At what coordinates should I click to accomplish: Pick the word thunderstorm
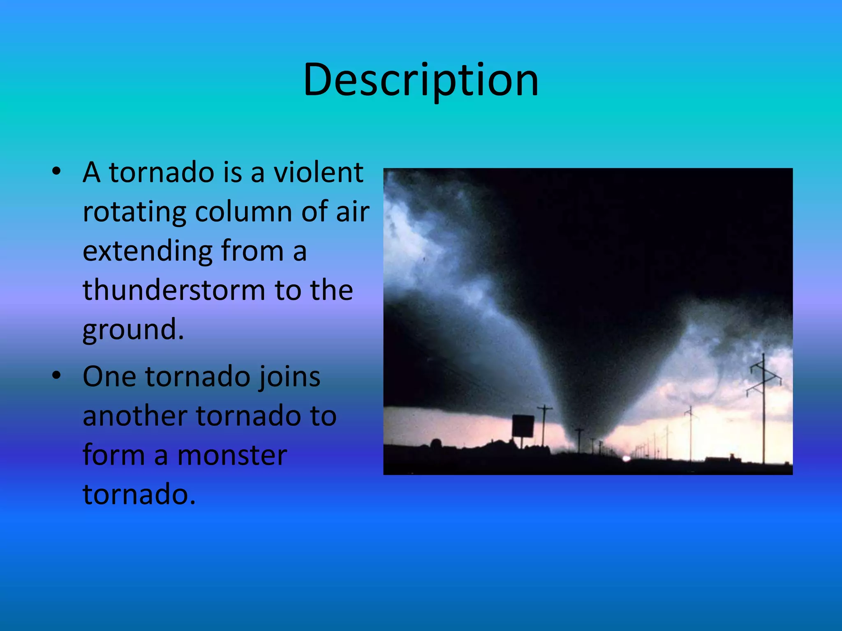pos(174,290)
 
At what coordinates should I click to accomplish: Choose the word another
pos(135,416)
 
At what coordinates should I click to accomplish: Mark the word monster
pos(232,456)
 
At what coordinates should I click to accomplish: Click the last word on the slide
pos(139,494)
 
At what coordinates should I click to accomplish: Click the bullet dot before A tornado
pos(57,172)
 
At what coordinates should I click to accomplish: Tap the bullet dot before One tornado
pos(57,375)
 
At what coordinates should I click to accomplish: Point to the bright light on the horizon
pos(626,458)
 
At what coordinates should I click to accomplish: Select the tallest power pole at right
pos(763,409)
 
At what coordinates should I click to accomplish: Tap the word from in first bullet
pos(252,251)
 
